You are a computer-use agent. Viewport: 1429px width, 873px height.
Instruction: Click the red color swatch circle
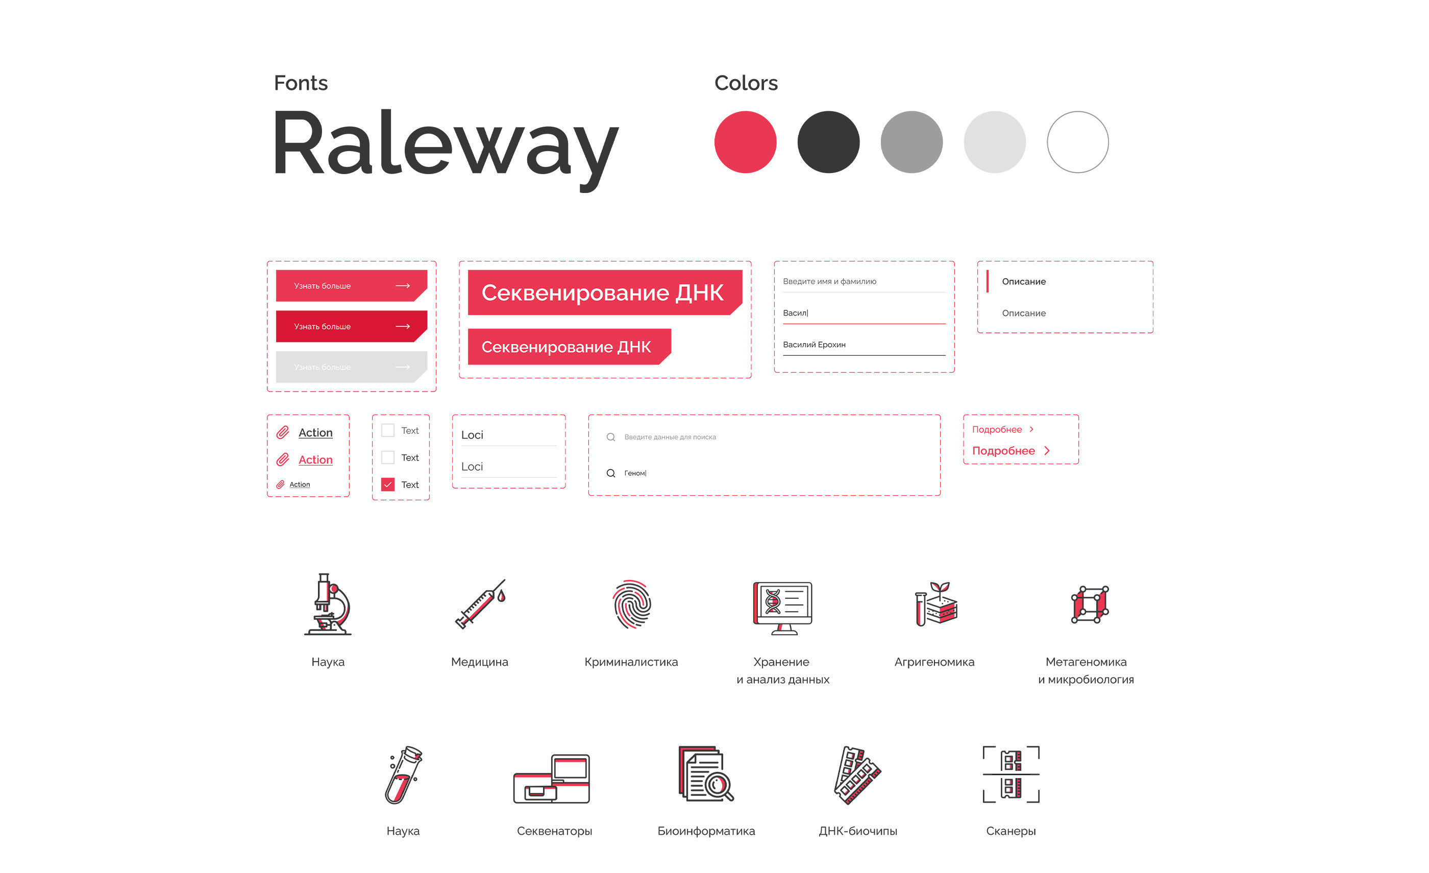745,142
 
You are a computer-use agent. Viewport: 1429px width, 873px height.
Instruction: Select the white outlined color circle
1077,142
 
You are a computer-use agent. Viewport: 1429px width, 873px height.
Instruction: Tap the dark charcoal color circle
828,142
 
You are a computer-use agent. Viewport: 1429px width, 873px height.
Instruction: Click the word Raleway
445,145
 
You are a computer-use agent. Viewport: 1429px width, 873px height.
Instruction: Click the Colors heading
746,83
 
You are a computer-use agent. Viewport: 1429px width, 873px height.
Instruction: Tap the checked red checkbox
388,484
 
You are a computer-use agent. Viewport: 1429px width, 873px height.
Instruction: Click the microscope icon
328,604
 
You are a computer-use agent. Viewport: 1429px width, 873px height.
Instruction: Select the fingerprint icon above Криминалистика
632,604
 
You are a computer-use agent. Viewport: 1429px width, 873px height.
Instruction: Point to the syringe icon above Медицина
480,604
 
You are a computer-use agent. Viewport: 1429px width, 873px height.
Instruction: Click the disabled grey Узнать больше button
351,367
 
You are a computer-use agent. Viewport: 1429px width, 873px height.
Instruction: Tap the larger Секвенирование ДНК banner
603,293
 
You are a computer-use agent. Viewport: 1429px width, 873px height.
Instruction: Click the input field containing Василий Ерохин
863,345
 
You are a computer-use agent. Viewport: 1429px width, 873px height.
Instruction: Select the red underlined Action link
315,460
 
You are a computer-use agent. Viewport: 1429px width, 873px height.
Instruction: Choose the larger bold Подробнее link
1004,451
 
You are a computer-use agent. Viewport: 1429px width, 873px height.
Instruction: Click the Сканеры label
1011,831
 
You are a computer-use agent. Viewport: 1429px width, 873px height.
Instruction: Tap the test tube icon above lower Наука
404,774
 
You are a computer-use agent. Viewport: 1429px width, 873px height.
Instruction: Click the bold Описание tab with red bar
1024,281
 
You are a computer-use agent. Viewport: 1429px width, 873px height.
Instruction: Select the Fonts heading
301,83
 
